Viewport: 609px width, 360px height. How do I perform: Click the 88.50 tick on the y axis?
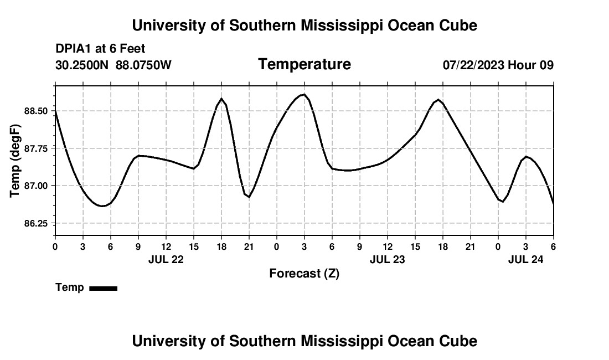click(x=37, y=111)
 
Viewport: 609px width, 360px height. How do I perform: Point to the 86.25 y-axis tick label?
click(x=37, y=223)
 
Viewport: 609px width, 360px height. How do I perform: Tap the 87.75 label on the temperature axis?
click(x=37, y=148)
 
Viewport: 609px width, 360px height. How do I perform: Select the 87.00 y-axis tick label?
click(x=37, y=186)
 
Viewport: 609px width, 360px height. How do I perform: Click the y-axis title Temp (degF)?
click(x=15, y=161)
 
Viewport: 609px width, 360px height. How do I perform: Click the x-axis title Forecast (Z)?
click(x=304, y=274)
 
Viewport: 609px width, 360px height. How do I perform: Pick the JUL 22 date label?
click(x=166, y=259)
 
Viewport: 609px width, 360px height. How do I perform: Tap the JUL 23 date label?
click(x=388, y=259)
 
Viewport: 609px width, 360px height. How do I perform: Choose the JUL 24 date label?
click(x=526, y=259)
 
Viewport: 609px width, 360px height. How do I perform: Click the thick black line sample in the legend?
click(x=103, y=288)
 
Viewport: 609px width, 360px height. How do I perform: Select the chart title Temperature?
click(x=304, y=64)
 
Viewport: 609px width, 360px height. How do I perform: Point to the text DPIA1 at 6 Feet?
click(x=100, y=49)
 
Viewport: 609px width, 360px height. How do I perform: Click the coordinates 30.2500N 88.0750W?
click(x=113, y=65)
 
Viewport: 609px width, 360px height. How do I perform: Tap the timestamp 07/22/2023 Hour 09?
click(x=498, y=65)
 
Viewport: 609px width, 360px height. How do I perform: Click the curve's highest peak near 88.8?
click(x=304, y=95)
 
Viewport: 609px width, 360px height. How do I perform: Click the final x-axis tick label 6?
click(x=553, y=246)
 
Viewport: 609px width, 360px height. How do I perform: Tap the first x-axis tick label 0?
click(x=55, y=246)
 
